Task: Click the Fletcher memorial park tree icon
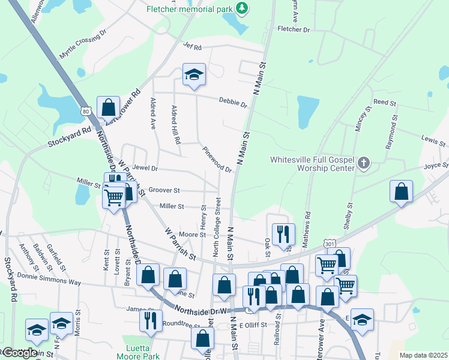[x=241, y=8]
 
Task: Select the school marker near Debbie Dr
[x=194, y=74]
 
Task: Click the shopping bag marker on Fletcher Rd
[x=109, y=109]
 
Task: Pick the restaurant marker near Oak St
[x=283, y=235]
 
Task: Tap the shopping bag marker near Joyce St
[x=401, y=191]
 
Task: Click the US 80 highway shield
[x=86, y=111]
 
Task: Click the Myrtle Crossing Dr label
[x=83, y=44]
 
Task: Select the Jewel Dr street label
[x=145, y=169]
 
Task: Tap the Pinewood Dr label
[x=217, y=159]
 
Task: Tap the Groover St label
[x=164, y=190]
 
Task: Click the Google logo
[x=19, y=353]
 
